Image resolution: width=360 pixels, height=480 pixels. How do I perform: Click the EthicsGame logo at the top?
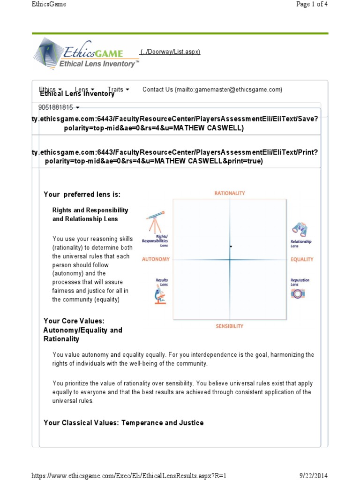[x=86, y=54]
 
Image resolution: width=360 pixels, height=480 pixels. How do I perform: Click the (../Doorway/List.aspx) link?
[x=170, y=52]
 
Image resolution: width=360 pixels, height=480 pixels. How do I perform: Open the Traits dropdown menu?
[x=118, y=89]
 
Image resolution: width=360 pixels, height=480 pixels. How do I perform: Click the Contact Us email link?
[x=212, y=90]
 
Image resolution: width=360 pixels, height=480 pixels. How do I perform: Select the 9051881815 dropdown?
[x=59, y=107]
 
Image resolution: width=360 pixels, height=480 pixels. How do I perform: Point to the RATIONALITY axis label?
[x=230, y=193]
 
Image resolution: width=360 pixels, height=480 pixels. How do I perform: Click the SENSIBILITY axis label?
[x=230, y=326]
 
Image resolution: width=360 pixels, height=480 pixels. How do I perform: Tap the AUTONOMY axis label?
[x=156, y=259]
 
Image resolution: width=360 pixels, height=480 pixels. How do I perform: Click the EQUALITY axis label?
[x=302, y=259]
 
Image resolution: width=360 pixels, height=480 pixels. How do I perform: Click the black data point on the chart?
[x=231, y=246]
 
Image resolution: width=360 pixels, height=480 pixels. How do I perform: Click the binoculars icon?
[x=300, y=229]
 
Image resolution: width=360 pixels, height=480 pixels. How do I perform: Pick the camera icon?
[x=298, y=294]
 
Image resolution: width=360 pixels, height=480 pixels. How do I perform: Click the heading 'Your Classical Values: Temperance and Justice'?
[x=123, y=423]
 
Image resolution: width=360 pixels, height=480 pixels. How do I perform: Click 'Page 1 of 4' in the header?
[x=312, y=4]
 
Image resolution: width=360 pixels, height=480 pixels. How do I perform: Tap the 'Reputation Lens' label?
[x=300, y=282]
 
